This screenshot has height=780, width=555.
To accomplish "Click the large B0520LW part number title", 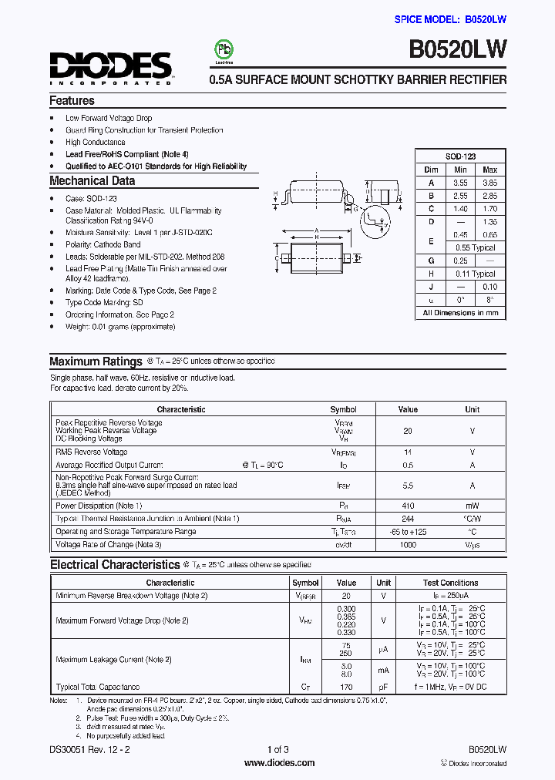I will (x=458, y=50).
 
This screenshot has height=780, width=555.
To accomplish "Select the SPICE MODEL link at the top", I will (x=450, y=19).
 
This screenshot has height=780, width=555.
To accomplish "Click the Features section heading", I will (x=72, y=100).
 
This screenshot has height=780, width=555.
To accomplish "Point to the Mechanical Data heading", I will (x=92, y=181).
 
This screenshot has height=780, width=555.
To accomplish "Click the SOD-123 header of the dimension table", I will (x=460, y=156).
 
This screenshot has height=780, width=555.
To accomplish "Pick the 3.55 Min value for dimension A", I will (x=460, y=183).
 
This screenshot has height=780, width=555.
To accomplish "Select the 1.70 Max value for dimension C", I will (x=489, y=209).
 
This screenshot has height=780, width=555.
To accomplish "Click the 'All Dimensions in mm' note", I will (x=460, y=313).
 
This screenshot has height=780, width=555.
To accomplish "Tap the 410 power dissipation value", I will (x=408, y=506).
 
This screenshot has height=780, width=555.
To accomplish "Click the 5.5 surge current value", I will (x=408, y=486).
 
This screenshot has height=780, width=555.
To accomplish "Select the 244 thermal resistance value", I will (x=408, y=519).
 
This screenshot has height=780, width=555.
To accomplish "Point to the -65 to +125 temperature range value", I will (x=408, y=532).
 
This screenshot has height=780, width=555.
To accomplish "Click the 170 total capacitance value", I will (x=346, y=687).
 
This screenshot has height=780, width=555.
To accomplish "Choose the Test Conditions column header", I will (x=450, y=583).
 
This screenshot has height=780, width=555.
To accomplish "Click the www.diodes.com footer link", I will (x=278, y=763).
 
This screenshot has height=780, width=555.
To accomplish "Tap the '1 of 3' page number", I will (x=277, y=749).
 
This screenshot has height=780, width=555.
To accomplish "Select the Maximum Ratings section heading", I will (x=96, y=361).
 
